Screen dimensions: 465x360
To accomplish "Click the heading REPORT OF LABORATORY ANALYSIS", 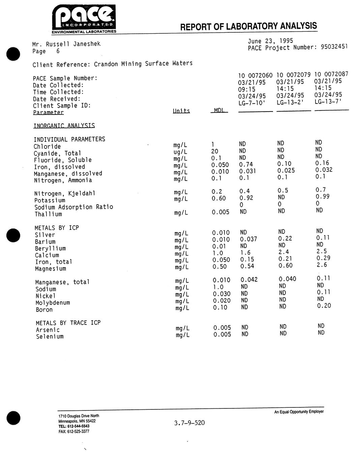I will pyautogui.click(x=248, y=26).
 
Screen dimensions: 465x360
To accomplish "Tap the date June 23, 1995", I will pyautogui.click(x=270, y=41).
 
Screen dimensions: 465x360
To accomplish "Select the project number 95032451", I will pyautogui.click(x=334, y=47).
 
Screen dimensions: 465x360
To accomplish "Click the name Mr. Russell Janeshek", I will pyautogui.click(x=66, y=44).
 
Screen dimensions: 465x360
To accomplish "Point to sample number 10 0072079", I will pyautogui.click(x=293, y=75).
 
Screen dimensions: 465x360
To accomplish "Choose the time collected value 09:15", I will pyautogui.click(x=247, y=89).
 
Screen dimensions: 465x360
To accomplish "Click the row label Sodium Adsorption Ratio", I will pyautogui.click(x=73, y=207).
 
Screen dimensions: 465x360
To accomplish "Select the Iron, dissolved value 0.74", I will pyautogui.click(x=246, y=164).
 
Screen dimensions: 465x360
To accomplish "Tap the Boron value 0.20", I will pyautogui.click(x=324, y=306).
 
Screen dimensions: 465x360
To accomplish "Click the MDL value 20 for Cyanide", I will pyautogui.click(x=215, y=151).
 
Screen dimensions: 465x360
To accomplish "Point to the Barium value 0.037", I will pyautogui.click(x=248, y=239).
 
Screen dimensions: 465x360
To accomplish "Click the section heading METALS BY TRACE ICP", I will pyautogui.click(x=68, y=323).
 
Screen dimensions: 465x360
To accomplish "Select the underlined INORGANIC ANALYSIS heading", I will pyautogui.click(x=64, y=126).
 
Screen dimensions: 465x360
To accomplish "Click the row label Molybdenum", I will pyautogui.click(x=53, y=303).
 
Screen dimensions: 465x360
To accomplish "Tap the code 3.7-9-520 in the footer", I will pyautogui.click(x=189, y=423).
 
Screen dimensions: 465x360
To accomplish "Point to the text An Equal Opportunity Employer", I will pyautogui.click(x=299, y=411).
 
